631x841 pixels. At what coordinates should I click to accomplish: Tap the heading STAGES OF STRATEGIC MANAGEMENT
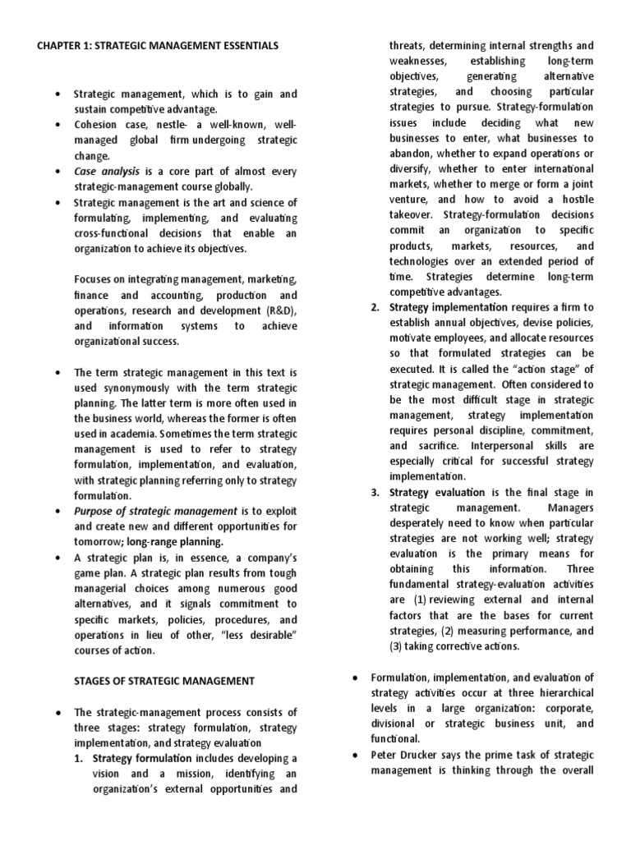click(x=155, y=681)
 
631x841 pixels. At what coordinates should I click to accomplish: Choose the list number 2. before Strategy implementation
click(x=375, y=307)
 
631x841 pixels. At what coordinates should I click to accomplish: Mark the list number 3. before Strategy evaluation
click(x=375, y=493)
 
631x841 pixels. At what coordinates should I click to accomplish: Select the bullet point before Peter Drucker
click(x=353, y=755)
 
